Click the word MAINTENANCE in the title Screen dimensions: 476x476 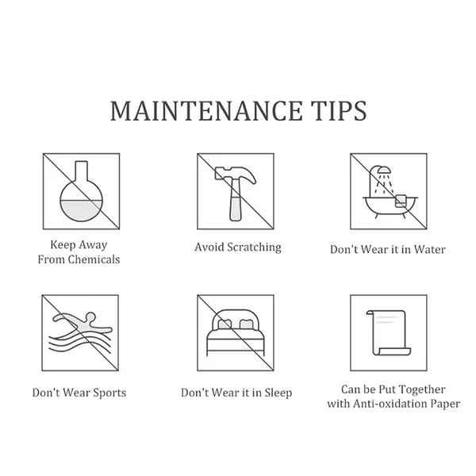pyautogui.click(x=206, y=111)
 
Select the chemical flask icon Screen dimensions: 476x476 pyautogui.click(x=81, y=191)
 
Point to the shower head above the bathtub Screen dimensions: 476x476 pyautogui.click(x=384, y=169)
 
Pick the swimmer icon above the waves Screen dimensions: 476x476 pyautogui.click(x=83, y=324)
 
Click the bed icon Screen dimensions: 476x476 pyautogui.click(x=236, y=332)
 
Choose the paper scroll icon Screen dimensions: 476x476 pyautogui.click(x=389, y=332)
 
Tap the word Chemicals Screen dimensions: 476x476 pyautogui.click(x=94, y=259)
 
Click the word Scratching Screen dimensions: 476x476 pyautogui.click(x=255, y=247)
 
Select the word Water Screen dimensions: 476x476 pyautogui.click(x=430, y=250)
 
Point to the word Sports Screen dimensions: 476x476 pyautogui.click(x=109, y=393)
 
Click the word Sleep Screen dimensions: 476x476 pyautogui.click(x=278, y=393)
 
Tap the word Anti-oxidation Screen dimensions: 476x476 pyautogui.click(x=390, y=404)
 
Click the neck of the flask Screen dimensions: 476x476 pyautogui.click(x=82, y=171)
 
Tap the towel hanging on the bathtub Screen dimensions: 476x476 pyautogui.click(x=401, y=200)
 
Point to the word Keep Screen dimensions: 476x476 pyautogui.click(x=62, y=245)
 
